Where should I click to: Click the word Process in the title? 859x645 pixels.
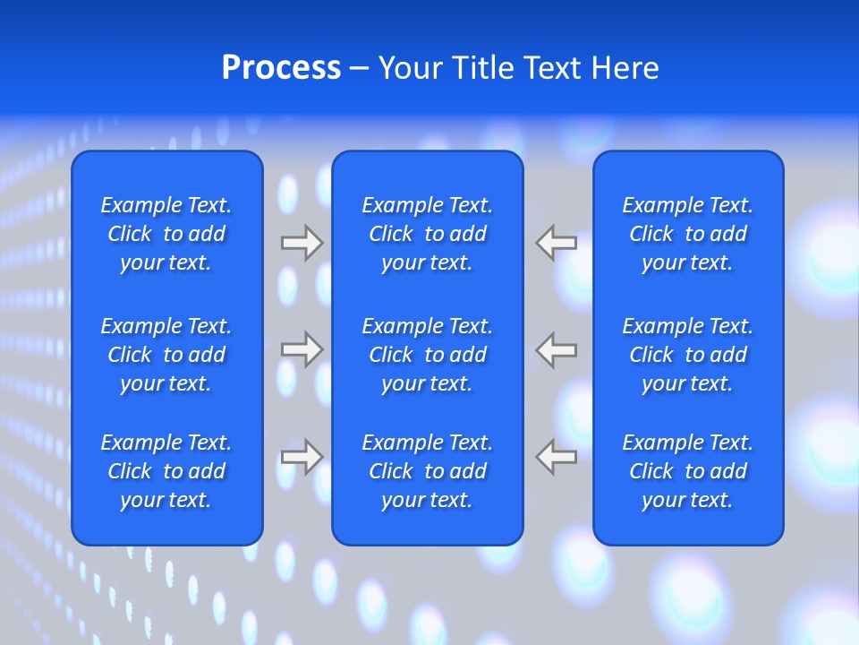coord(281,68)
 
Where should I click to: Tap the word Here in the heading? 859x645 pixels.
coord(625,68)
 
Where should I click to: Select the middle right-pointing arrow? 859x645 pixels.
coord(302,349)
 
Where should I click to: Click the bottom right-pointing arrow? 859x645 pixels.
coord(302,457)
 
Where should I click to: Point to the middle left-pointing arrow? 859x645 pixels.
coord(557,349)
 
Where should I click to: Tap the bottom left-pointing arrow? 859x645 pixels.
coord(557,457)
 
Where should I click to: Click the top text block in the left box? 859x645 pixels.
coord(166,234)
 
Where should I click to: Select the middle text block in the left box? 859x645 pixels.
coord(166,355)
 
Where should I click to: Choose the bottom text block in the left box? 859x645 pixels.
coord(166,471)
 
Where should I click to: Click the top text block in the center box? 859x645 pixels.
coord(427,234)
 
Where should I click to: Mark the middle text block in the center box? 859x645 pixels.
coord(427,355)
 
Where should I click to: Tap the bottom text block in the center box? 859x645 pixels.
coord(427,471)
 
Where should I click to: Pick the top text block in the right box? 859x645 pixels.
coord(687,234)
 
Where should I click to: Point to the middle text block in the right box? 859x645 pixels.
coord(687,355)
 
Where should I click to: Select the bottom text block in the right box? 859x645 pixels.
coord(687,471)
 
